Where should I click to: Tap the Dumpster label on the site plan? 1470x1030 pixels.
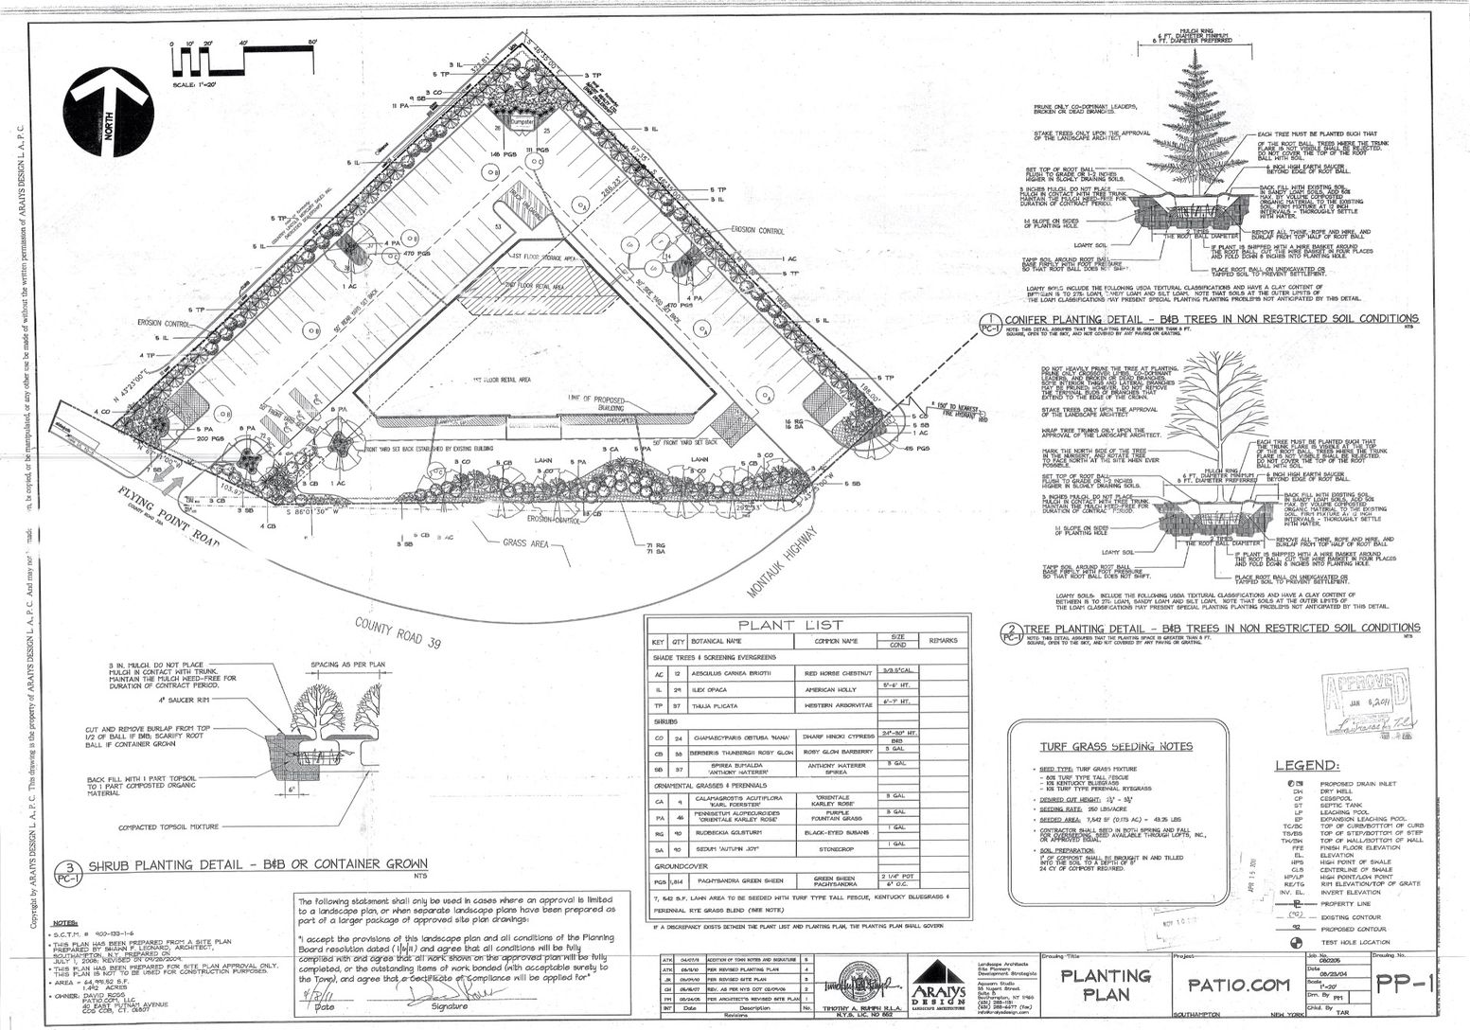(x=524, y=123)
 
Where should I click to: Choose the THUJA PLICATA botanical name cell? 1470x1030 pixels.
(x=716, y=706)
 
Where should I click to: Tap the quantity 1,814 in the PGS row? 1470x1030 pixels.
(x=678, y=880)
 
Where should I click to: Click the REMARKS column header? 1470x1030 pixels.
(x=943, y=641)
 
